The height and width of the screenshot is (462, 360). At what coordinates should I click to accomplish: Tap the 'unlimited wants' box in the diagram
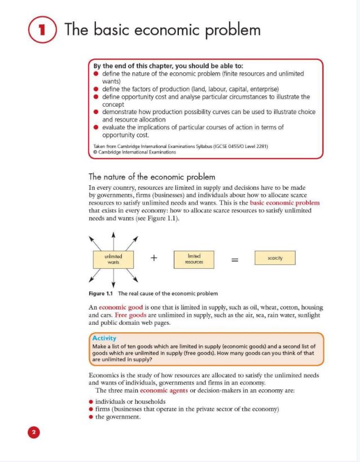113,259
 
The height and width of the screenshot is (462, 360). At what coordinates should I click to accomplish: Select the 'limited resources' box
194,259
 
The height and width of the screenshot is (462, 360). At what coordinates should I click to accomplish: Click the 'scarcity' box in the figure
275,258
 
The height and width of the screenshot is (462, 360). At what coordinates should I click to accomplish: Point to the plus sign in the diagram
153,258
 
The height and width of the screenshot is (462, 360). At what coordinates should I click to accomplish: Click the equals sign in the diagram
235,259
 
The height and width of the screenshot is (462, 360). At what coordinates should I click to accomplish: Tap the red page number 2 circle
33,433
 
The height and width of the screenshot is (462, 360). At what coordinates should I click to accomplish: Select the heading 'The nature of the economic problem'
152,177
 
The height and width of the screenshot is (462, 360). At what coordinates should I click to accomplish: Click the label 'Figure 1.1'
101,294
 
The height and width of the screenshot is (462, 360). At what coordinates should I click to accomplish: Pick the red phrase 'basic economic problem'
284,203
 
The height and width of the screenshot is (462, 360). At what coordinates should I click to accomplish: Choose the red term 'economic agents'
164,390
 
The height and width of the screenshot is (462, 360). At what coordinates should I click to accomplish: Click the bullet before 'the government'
91,417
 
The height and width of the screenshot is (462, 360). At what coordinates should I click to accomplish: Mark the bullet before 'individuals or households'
91,402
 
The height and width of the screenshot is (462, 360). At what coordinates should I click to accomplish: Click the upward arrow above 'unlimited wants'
113,237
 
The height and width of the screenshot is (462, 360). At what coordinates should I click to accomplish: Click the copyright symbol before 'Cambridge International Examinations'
95,152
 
